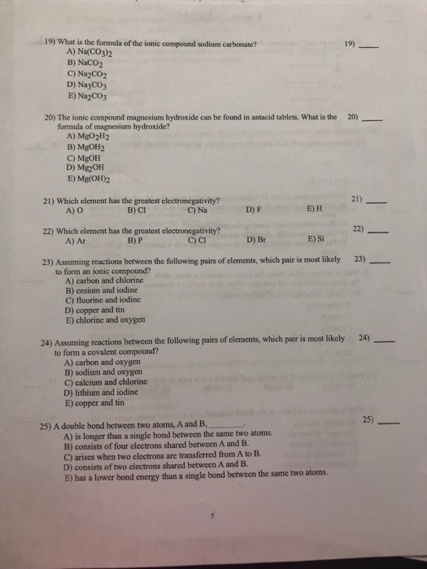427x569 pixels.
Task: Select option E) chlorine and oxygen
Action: click(x=111, y=320)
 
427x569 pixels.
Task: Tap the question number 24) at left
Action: click(x=46, y=344)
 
